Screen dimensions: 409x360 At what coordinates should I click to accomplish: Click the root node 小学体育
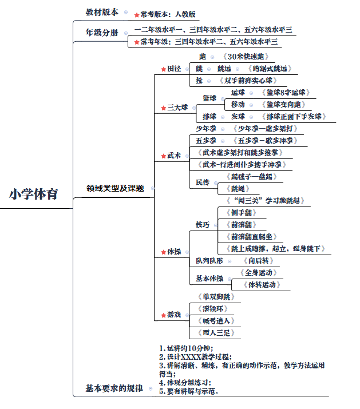[33, 194]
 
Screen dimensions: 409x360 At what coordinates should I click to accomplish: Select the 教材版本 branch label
[102, 12]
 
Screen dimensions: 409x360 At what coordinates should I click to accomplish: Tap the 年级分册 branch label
[102, 33]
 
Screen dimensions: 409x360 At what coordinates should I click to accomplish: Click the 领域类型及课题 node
[115, 188]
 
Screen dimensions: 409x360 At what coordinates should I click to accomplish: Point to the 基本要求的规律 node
[114, 388]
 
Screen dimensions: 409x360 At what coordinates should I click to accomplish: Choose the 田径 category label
[174, 69]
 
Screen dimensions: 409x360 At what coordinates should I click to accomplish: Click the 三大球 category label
[177, 107]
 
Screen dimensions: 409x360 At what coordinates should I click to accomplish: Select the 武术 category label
[174, 155]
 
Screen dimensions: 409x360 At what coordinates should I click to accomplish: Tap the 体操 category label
[174, 251]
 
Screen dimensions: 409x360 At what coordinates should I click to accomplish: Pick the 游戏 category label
[174, 315]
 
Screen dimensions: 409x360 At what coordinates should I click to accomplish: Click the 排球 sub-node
[209, 117]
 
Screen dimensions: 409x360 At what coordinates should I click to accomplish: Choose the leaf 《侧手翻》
[240, 213]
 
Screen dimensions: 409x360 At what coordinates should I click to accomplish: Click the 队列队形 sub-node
[209, 261]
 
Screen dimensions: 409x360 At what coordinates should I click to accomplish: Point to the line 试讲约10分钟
[189, 348]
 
